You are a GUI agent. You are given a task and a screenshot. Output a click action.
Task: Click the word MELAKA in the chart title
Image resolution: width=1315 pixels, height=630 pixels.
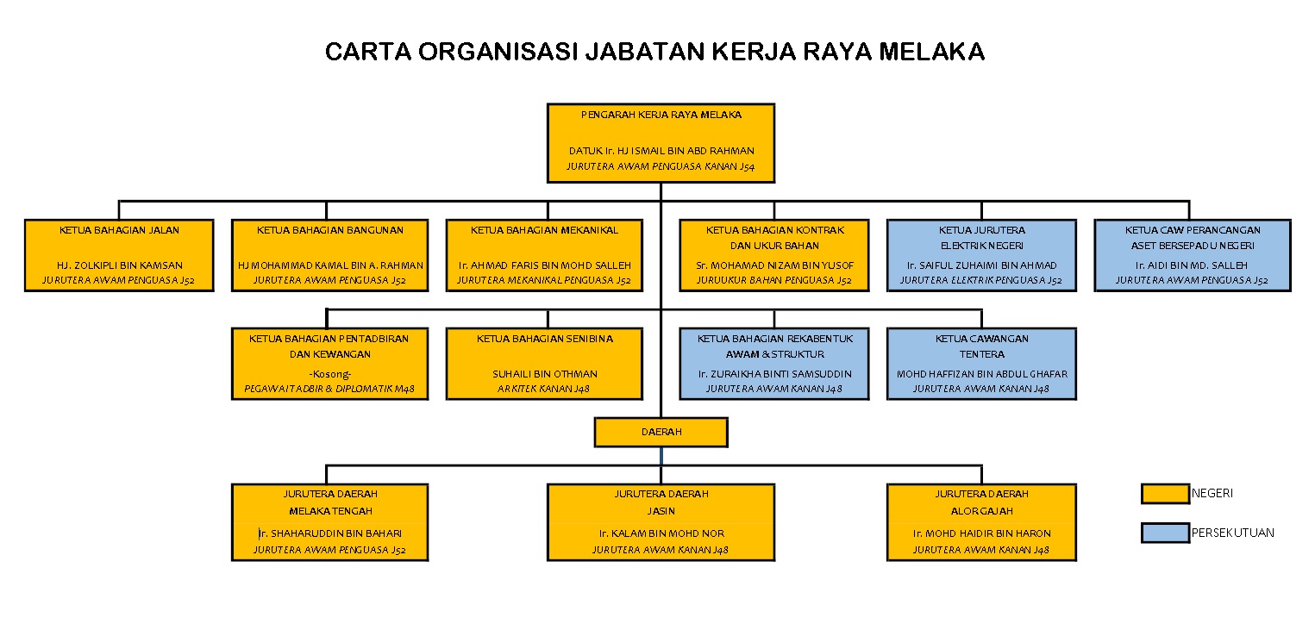(x=932, y=52)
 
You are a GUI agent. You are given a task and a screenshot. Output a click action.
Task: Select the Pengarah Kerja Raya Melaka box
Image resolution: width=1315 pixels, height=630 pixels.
(x=661, y=143)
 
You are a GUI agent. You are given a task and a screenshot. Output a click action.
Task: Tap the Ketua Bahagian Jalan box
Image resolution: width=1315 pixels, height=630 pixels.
(x=119, y=255)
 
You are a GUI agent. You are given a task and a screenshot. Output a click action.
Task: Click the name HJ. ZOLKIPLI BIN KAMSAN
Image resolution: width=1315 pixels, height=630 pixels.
(x=120, y=265)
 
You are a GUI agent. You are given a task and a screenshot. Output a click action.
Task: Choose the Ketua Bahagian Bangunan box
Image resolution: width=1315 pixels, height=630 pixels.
(x=330, y=255)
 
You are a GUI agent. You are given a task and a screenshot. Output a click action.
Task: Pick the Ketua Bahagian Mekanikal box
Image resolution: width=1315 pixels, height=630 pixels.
(x=544, y=255)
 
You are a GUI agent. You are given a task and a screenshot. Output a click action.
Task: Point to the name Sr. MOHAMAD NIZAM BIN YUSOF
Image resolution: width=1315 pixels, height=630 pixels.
(x=775, y=265)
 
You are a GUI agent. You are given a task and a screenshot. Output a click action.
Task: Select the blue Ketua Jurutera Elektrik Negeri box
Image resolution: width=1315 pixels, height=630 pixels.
(x=981, y=255)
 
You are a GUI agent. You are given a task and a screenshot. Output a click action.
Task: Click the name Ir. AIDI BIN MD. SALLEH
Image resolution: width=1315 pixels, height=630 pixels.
(x=1192, y=265)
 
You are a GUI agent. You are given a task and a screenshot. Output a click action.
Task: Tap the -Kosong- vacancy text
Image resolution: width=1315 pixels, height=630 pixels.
(x=330, y=374)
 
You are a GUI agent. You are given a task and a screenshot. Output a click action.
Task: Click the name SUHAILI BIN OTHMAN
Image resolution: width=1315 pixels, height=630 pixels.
(x=545, y=374)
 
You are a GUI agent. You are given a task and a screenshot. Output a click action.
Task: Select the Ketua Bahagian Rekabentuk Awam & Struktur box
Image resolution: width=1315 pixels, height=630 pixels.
(x=774, y=364)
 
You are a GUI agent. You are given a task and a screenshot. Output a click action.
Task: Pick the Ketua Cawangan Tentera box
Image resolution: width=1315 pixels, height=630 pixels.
(x=981, y=364)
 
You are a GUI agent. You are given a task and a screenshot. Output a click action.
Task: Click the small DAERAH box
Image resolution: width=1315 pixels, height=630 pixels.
(x=661, y=433)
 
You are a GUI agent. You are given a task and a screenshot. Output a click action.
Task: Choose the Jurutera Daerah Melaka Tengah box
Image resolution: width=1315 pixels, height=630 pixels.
(x=330, y=522)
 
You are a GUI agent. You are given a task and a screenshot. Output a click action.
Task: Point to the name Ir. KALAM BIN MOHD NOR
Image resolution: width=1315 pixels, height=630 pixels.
(x=661, y=533)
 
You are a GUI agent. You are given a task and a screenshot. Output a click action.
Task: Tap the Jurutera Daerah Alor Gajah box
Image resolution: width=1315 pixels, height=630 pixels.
(x=981, y=522)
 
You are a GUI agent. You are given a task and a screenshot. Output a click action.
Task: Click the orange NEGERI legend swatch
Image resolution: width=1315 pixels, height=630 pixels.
(x=1165, y=493)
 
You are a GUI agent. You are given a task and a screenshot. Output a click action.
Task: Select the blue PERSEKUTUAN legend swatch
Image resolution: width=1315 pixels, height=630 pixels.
(x=1165, y=533)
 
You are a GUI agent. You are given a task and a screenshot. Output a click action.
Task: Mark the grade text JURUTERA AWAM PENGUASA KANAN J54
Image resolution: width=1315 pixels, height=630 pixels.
(x=661, y=166)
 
